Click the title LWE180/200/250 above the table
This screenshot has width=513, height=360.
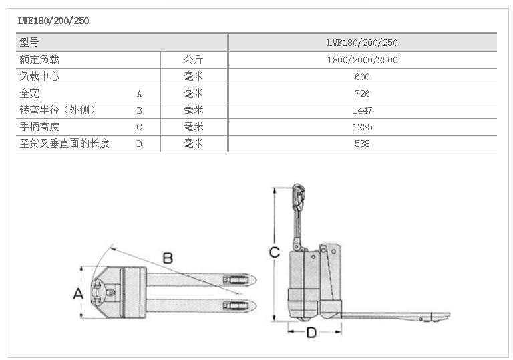point(53,21)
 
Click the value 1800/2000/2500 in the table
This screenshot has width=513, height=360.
point(363,60)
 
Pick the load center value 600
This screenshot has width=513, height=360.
point(362,77)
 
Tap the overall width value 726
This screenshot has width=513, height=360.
point(362,94)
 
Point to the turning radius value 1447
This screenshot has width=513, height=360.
point(362,110)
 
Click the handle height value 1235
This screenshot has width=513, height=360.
point(362,127)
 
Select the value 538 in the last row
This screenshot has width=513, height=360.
point(362,144)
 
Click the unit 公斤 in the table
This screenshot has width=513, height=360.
point(194,59)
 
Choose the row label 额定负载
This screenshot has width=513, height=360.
point(39,59)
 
